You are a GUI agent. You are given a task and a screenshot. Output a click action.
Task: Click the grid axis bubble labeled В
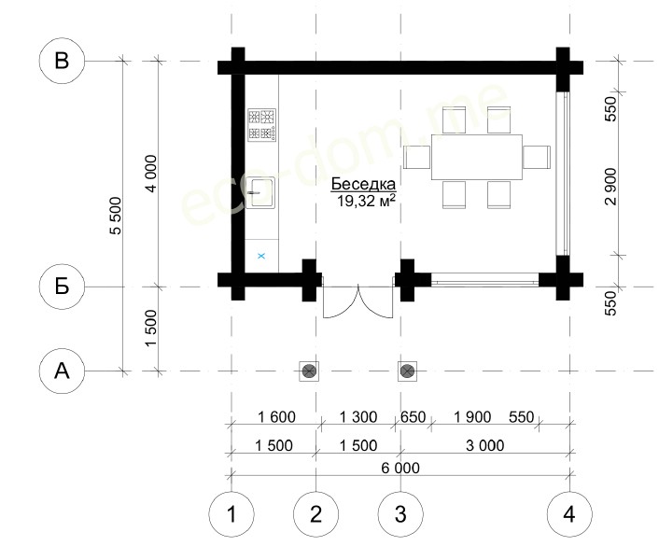62,61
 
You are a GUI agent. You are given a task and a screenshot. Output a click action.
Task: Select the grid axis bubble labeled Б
62,287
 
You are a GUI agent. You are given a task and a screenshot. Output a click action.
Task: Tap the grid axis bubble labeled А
62,371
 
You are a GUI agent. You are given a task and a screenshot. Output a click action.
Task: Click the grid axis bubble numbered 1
231,513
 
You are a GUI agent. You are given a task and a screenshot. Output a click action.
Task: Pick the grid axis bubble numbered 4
569,513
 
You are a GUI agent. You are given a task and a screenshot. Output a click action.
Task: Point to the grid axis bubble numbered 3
400,513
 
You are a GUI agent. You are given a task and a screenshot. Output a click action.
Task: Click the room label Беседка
363,184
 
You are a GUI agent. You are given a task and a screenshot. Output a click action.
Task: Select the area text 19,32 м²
366,201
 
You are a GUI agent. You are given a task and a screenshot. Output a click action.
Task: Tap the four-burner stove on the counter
262,124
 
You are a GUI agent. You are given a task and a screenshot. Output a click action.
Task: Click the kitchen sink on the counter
260,193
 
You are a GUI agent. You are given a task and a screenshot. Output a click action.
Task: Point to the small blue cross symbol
261,256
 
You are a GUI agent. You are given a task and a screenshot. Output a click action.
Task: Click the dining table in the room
477,157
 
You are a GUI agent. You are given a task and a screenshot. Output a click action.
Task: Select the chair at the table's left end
416,157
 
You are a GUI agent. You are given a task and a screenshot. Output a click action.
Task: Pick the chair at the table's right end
537,157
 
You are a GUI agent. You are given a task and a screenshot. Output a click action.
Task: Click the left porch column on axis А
309,371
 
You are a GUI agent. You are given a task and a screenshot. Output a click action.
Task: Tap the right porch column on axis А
407,371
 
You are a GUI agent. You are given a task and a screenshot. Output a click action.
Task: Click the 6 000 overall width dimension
400,468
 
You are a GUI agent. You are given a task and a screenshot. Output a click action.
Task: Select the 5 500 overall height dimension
115,216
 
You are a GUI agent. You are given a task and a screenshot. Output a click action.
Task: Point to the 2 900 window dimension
611,187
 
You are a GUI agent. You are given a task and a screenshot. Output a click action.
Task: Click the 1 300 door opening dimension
358,417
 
